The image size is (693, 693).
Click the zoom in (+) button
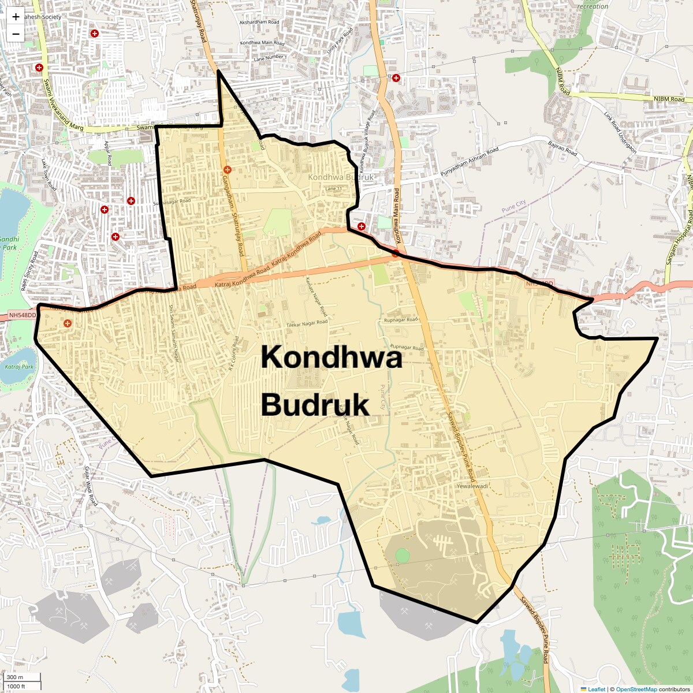(x=16, y=17)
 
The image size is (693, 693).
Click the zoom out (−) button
(x=16, y=34)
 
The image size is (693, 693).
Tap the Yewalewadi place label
(x=472, y=486)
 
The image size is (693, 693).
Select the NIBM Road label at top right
(x=669, y=99)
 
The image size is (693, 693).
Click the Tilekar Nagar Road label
(x=307, y=324)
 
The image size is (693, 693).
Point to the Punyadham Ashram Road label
(x=470, y=162)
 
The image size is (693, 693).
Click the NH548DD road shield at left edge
(x=23, y=316)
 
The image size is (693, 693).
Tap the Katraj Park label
(x=19, y=367)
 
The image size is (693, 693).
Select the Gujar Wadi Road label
(x=91, y=486)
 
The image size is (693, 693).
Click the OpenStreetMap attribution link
(x=636, y=689)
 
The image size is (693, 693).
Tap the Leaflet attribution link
(x=597, y=689)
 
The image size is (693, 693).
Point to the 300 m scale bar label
(x=15, y=677)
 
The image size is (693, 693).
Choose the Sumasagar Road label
(x=172, y=202)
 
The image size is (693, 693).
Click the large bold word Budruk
(x=315, y=405)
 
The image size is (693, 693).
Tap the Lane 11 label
(x=333, y=189)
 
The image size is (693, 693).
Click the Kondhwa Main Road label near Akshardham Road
(x=263, y=43)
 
